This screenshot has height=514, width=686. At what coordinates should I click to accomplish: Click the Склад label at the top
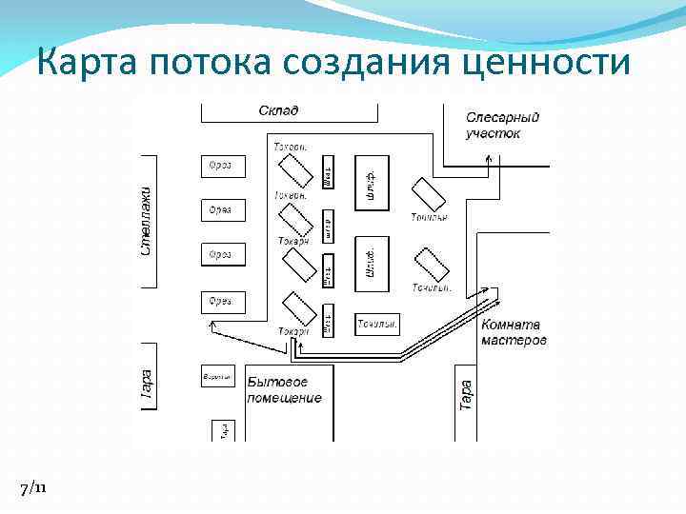(x=278, y=110)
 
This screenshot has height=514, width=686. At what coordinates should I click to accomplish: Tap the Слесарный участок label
(x=502, y=125)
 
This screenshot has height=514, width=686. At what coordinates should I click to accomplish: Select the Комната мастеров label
(x=514, y=332)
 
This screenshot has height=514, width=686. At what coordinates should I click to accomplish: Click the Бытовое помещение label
(x=284, y=389)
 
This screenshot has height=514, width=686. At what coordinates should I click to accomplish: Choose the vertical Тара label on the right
(x=466, y=395)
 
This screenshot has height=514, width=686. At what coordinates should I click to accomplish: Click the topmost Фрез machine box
(x=223, y=166)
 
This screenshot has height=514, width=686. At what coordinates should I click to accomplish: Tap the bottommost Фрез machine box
(x=223, y=302)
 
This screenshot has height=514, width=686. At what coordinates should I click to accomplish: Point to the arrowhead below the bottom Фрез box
(x=212, y=326)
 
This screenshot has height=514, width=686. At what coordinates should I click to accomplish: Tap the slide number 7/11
(x=31, y=487)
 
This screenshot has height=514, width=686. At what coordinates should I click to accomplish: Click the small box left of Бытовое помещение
(x=217, y=377)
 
